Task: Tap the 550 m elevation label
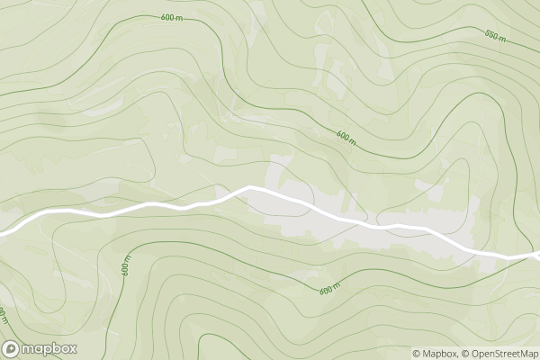tap(496, 36)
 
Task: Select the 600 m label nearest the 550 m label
tap(347, 138)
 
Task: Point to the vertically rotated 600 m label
tap(127, 265)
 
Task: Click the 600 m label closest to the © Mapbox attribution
tap(330, 289)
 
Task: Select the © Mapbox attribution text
tap(436, 354)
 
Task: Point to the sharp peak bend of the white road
tap(248, 188)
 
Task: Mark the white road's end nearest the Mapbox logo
tap(3, 233)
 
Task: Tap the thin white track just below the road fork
tap(536, 262)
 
